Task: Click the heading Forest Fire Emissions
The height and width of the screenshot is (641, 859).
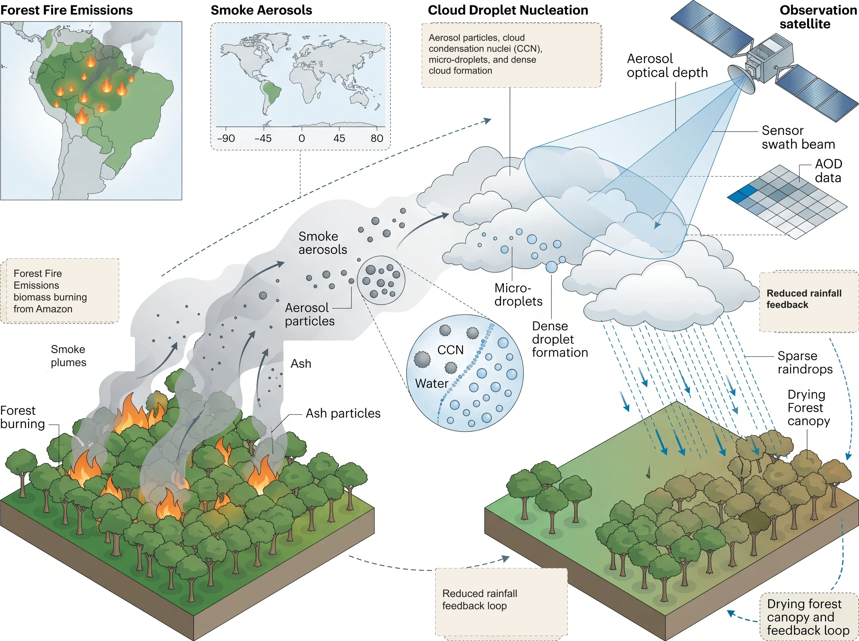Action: tap(66, 10)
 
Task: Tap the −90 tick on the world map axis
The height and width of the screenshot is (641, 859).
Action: tap(226, 138)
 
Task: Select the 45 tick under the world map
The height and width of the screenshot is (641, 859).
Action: tap(339, 138)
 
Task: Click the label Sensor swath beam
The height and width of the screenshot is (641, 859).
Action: tap(798, 137)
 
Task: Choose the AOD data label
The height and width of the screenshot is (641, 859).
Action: tap(828, 170)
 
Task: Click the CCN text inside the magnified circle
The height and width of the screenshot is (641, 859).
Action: tap(450, 350)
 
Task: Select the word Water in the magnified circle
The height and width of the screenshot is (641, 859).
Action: tap(432, 383)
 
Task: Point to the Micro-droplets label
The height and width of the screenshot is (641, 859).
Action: tap(518, 294)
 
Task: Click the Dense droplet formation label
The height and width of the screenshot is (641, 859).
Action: tap(560, 339)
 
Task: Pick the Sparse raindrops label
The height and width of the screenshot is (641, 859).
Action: tap(805, 362)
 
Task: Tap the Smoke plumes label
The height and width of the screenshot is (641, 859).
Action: tap(68, 356)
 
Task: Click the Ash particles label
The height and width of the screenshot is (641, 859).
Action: tap(343, 413)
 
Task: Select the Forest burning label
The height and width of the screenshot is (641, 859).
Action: tap(23, 417)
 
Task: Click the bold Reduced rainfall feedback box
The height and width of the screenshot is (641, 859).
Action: tap(809, 302)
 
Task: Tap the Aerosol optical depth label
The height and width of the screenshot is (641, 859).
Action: tap(667, 65)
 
